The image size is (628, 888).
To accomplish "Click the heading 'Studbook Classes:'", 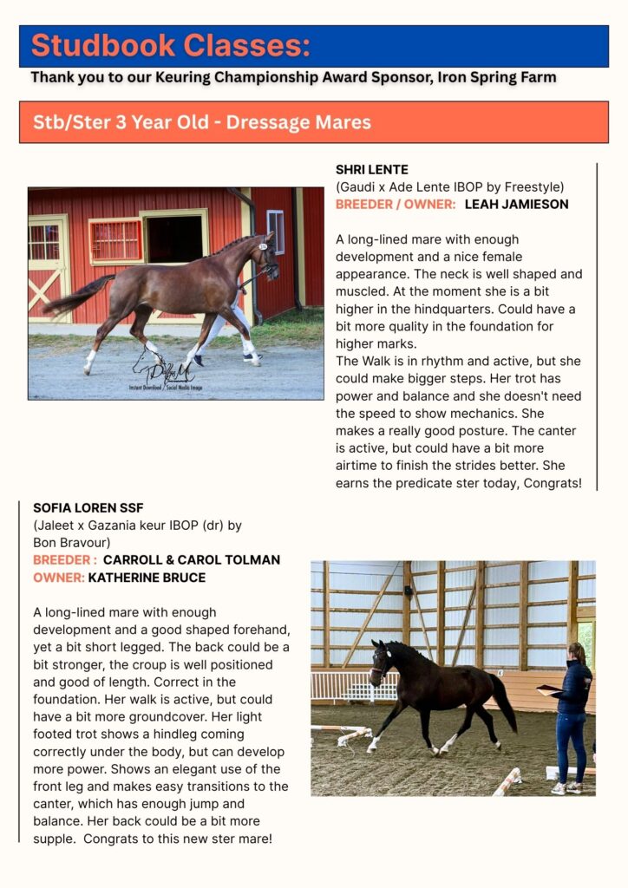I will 170,45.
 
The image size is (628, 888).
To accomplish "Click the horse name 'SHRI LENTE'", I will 371,169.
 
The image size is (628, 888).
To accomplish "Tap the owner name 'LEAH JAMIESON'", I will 516,204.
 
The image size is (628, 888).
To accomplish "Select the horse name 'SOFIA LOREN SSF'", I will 88,507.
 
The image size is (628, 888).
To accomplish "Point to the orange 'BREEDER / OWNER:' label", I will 396,204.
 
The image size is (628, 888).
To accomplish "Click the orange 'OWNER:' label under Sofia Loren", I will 59,577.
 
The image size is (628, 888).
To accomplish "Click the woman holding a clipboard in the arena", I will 573,711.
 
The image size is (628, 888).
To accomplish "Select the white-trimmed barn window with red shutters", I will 115,240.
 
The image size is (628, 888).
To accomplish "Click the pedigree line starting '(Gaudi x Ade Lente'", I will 449,186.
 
